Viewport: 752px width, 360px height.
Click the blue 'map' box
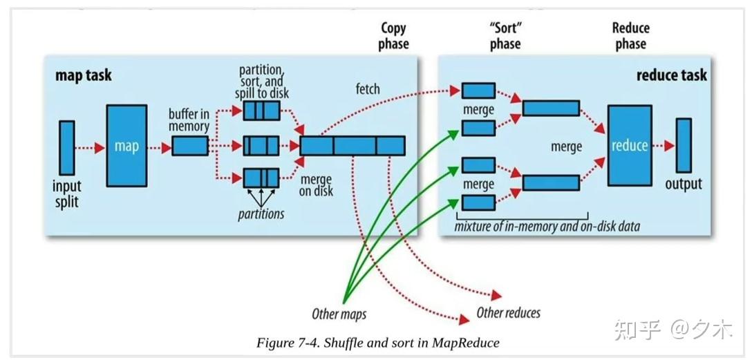pyautogui.click(x=126, y=146)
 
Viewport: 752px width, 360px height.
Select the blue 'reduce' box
pyautogui.click(x=630, y=145)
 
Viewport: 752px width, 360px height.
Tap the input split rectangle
pyautogui.click(x=66, y=147)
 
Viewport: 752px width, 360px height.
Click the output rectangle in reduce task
pyautogui.click(x=684, y=146)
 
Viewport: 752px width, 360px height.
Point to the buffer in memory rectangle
pyautogui.click(x=189, y=146)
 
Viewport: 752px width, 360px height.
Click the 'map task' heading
pyautogui.click(x=83, y=75)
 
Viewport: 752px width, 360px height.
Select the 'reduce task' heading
pyautogui.click(x=671, y=75)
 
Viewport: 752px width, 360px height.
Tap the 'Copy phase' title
pyautogui.click(x=394, y=36)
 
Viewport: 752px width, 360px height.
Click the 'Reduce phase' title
pyautogui.click(x=630, y=36)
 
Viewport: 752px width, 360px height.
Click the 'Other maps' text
pyautogui.click(x=339, y=314)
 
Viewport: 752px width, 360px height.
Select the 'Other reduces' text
pyautogui.click(x=508, y=313)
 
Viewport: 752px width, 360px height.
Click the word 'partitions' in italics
pyautogui.click(x=261, y=214)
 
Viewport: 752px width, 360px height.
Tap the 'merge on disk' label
pyautogui.click(x=316, y=185)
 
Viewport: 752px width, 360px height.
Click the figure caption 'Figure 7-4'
pyautogui.click(x=377, y=343)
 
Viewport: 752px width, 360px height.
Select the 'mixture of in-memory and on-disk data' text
pyautogui.click(x=547, y=226)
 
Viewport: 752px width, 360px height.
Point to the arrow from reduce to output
pyautogui.click(x=663, y=146)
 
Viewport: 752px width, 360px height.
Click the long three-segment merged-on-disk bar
pyautogui.click(x=352, y=146)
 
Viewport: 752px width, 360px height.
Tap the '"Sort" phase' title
pyautogui.click(x=505, y=36)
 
